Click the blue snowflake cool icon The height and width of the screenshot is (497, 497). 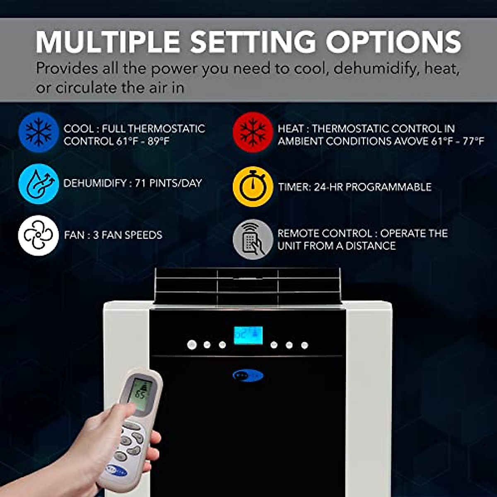[x=39, y=132]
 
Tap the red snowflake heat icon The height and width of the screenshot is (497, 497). [x=253, y=132]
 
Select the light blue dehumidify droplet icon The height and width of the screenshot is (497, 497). [x=39, y=184]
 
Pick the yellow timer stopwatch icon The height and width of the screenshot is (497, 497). [x=253, y=187]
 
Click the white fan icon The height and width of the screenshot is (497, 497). [x=39, y=235]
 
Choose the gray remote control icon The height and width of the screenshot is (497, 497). [x=253, y=239]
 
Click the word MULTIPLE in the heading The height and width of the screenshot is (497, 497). [x=108, y=42]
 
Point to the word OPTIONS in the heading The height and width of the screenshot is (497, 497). [x=393, y=42]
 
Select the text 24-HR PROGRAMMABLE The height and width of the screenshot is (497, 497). [x=372, y=187]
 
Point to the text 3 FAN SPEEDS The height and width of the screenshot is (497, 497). [x=128, y=235]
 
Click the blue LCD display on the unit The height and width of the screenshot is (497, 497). [x=248, y=335]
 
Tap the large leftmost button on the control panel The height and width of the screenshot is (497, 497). [x=192, y=345]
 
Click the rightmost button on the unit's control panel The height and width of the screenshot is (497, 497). [x=304, y=345]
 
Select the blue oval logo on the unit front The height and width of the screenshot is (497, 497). [x=248, y=376]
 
